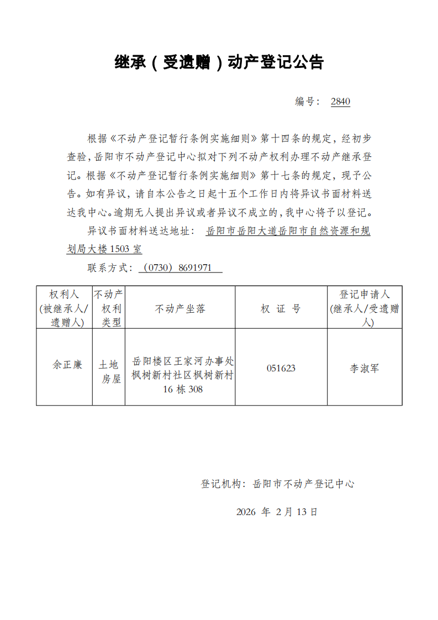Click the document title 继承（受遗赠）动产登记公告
tap(219, 62)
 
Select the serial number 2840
tap(340, 102)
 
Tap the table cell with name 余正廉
tap(67, 365)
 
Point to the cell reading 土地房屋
tap(109, 372)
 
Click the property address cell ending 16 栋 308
tap(182, 376)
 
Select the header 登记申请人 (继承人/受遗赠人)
tap(365, 308)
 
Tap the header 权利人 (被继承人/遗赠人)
tap(65, 308)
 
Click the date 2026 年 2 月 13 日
tap(277, 512)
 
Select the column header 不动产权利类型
tap(109, 308)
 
